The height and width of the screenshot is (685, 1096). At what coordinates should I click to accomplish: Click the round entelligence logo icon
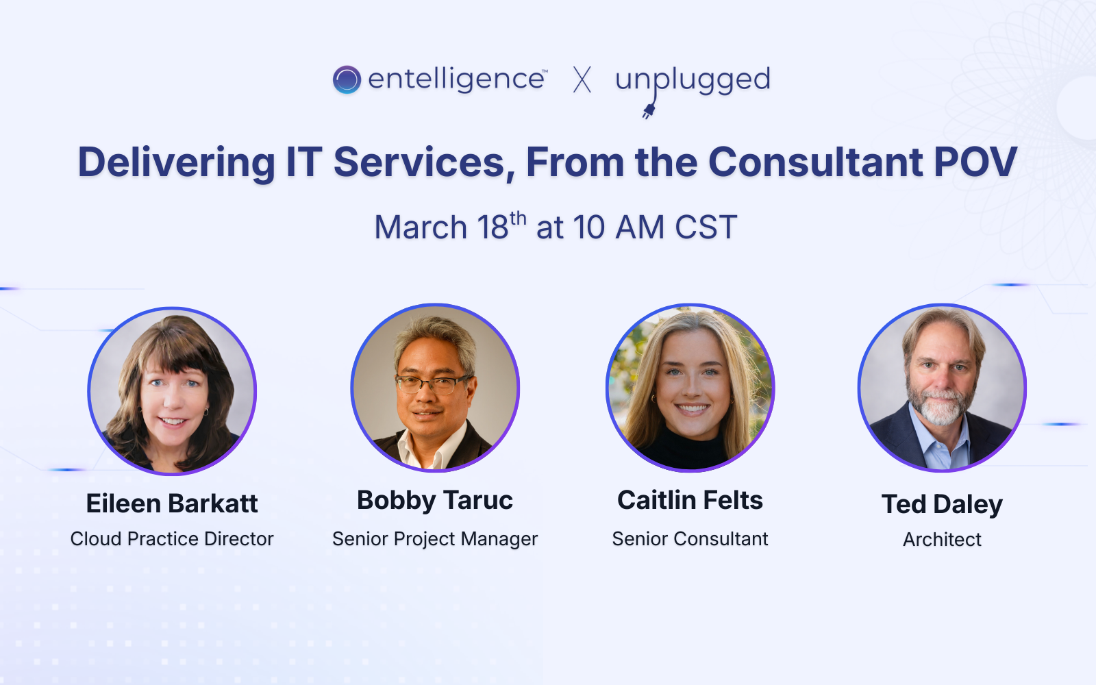click(347, 79)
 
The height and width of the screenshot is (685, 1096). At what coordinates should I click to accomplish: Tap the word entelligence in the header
click(456, 79)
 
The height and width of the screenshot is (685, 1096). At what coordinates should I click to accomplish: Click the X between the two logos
click(582, 79)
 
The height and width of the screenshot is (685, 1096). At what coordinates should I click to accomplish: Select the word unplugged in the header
click(693, 79)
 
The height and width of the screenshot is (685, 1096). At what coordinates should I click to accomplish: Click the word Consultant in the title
click(815, 162)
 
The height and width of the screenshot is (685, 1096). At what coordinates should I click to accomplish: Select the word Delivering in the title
click(176, 162)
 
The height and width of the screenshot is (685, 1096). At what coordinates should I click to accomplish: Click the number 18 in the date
click(493, 227)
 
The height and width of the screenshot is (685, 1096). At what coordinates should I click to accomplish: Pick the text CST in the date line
click(706, 227)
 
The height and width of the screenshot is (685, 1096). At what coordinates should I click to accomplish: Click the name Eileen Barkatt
click(172, 503)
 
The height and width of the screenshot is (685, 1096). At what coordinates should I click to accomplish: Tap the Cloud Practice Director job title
click(172, 539)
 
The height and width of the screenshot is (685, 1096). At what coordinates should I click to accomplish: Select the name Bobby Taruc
click(435, 501)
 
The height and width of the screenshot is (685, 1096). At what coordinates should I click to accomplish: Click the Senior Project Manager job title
click(435, 539)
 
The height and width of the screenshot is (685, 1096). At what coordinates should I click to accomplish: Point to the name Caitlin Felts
click(690, 500)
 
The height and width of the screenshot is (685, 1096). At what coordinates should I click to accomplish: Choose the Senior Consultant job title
click(690, 539)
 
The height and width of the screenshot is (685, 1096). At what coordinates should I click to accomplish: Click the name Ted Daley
click(942, 504)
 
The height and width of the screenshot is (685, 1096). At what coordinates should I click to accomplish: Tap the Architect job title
click(942, 540)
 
